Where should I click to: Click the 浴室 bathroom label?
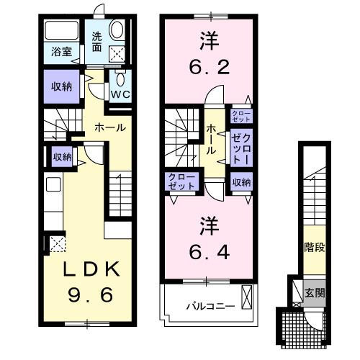click(x=60, y=51)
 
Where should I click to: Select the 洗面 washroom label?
click(x=96, y=42)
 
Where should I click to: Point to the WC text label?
click(x=120, y=93)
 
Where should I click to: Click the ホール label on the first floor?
click(x=110, y=127)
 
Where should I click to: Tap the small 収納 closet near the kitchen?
click(x=62, y=156)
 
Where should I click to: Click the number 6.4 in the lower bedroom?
click(x=207, y=252)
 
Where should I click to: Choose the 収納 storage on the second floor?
click(x=242, y=182)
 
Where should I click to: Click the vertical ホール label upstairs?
click(x=212, y=139)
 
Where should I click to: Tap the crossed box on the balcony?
click(x=248, y=296)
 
